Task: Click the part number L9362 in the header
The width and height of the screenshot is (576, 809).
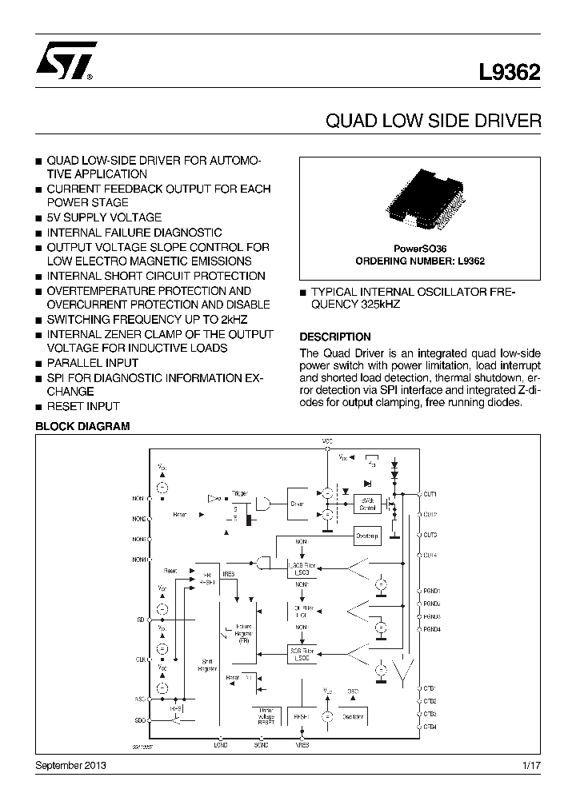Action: pos(510,73)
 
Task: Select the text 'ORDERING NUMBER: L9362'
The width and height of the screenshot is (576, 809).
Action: pos(420,261)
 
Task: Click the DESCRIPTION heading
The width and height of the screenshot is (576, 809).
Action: pos(334,337)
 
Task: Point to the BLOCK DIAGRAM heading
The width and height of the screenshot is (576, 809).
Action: pos(82,427)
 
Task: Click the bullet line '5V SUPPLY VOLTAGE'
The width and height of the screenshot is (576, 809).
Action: pos(104,217)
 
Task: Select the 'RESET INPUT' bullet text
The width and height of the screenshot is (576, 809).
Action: pos(83,406)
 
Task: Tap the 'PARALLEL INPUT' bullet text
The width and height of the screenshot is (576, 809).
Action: pos(92,363)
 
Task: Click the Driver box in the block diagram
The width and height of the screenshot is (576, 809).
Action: pos(298,504)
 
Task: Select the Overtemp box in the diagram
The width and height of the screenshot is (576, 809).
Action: pos(367,535)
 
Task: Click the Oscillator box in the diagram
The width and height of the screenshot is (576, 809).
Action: pos(353,716)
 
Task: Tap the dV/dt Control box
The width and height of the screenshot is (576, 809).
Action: pos(368,504)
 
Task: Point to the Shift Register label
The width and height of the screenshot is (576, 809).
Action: pos(206,665)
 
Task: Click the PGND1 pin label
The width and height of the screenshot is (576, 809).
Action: pos(432,591)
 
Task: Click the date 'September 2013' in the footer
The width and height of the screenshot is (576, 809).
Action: pos(71,766)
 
